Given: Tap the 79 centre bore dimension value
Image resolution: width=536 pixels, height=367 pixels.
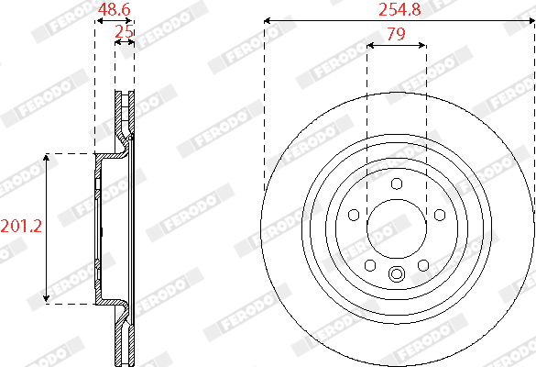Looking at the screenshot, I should point(396,35).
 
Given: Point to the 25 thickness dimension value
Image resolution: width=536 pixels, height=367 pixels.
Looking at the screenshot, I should point(125,32).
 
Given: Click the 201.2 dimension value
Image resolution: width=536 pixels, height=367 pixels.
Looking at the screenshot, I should point(20,226).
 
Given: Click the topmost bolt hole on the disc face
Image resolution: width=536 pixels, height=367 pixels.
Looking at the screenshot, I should point(397,184).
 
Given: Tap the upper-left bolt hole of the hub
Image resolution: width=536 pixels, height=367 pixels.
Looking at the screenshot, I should point(354,216).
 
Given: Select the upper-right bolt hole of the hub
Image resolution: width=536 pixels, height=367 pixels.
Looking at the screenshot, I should point(440,216).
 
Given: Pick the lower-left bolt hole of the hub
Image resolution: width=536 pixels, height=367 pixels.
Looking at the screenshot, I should point(370,266).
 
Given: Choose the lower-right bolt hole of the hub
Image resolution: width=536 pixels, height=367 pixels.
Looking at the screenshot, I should point(423,266).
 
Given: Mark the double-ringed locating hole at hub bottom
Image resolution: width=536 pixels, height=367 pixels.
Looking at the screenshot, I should point(397,273).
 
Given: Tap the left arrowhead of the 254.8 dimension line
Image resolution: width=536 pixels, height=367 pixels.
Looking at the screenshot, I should point(266,19).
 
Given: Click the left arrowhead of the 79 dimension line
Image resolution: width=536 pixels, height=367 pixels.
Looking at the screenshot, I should point(368,45).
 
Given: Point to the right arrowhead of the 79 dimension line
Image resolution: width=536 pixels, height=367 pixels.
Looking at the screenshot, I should point(423,45).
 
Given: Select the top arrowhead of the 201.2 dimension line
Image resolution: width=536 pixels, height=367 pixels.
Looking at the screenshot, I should point(48,157).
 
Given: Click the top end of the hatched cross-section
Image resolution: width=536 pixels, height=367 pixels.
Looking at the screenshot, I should point(125,94).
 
